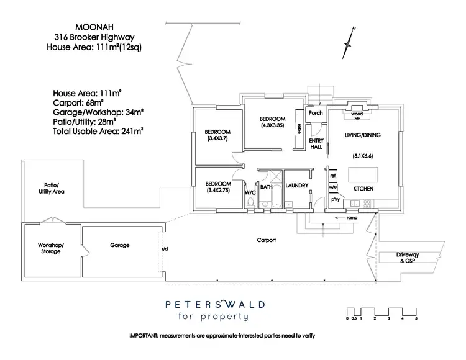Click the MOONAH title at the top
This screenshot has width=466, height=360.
tap(94, 28)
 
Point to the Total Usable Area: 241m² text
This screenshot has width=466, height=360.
tap(99, 131)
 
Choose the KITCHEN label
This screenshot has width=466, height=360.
tap(363, 187)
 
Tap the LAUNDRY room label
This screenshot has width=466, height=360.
tap(297, 186)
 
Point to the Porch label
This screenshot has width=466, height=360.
tap(316, 113)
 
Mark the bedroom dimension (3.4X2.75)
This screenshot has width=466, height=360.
tap(218, 192)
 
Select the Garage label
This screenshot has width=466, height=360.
tap(120, 245)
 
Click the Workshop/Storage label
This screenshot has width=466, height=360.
tap(51, 249)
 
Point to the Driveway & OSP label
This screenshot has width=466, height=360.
tap(408, 258)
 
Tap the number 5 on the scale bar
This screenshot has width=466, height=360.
tap(416, 318)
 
